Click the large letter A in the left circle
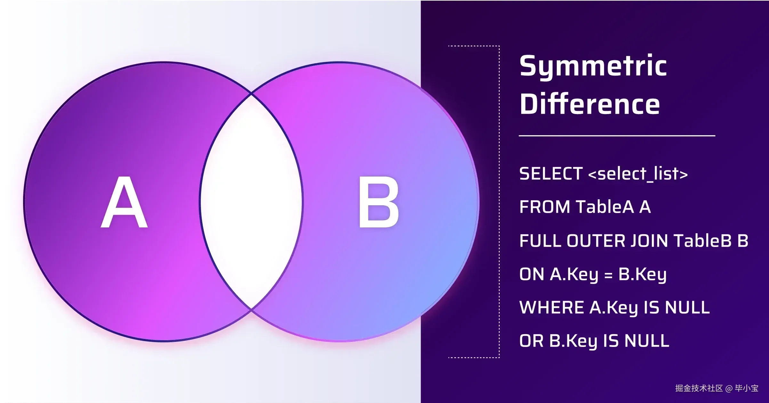(x=124, y=202)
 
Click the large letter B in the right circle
(x=379, y=202)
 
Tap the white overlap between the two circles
(x=251, y=202)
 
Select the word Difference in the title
(x=590, y=103)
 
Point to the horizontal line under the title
(x=617, y=136)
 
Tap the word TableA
(x=604, y=207)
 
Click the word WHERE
(x=552, y=308)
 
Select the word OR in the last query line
(x=531, y=341)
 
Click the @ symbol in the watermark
(x=729, y=389)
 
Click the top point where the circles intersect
(x=252, y=94)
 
